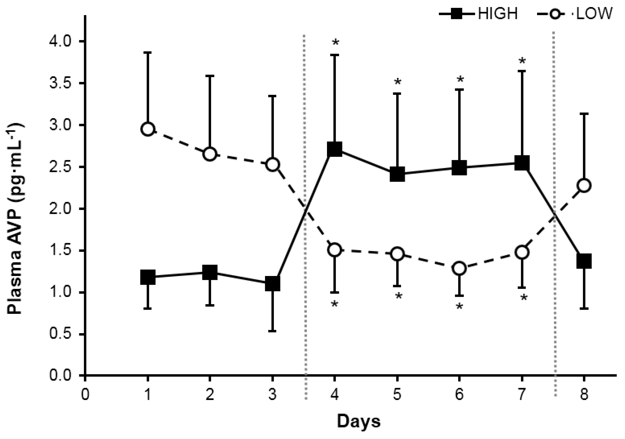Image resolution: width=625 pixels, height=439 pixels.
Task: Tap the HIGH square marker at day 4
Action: [x=335, y=149]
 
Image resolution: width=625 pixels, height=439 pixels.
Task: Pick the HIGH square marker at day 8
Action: [x=584, y=261]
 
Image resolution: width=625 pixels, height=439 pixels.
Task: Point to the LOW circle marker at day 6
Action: [x=459, y=268]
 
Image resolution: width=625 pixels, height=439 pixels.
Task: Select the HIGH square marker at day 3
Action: [x=272, y=284]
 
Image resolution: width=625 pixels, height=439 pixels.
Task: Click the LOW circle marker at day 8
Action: [x=584, y=185]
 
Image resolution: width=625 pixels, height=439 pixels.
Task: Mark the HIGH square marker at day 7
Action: [x=522, y=163]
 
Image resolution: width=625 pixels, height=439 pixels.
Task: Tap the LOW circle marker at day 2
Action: [x=210, y=154]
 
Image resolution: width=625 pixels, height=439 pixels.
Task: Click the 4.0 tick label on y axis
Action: [x=59, y=41]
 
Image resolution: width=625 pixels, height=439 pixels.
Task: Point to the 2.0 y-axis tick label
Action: [x=59, y=209]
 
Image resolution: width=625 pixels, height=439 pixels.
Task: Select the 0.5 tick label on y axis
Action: [x=59, y=334]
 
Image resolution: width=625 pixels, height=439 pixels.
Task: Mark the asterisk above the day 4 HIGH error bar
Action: [x=335, y=43]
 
